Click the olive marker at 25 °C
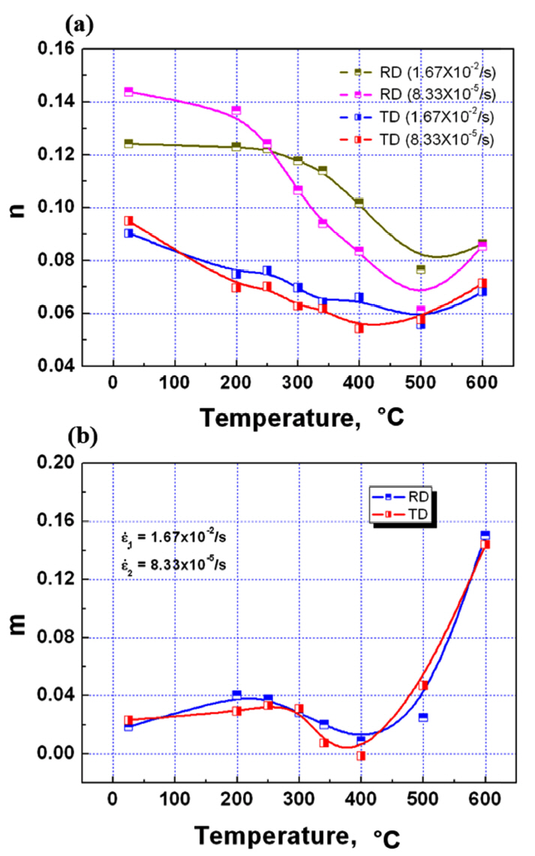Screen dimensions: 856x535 tap(128, 143)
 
